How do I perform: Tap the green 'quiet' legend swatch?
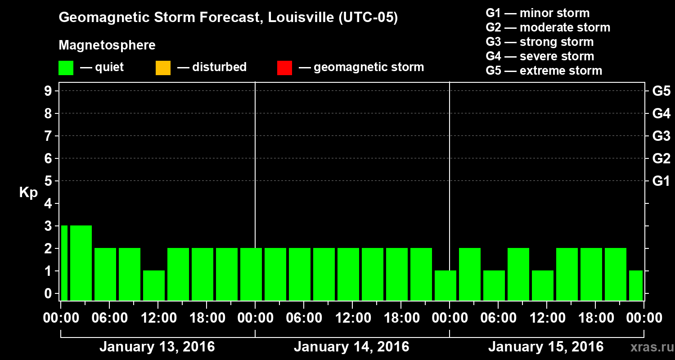click(x=66, y=67)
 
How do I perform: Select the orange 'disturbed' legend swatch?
click(x=163, y=67)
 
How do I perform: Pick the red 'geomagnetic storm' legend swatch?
click(x=284, y=67)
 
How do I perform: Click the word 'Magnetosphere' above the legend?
click(x=107, y=45)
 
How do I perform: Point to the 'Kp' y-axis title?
click(x=28, y=193)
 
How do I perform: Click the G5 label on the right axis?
click(x=661, y=91)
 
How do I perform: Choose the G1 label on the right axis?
click(x=661, y=181)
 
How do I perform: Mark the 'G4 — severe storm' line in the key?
click(x=540, y=56)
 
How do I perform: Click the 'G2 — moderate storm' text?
click(x=548, y=27)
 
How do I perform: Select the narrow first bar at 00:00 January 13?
click(x=64, y=263)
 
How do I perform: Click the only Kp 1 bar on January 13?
click(x=154, y=285)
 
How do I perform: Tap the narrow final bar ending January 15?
click(x=636, y=285)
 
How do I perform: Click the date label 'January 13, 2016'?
click(x=157, y=347)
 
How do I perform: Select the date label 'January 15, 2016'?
click(x=546, y=347)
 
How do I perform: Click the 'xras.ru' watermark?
click(x=648, y=347)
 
